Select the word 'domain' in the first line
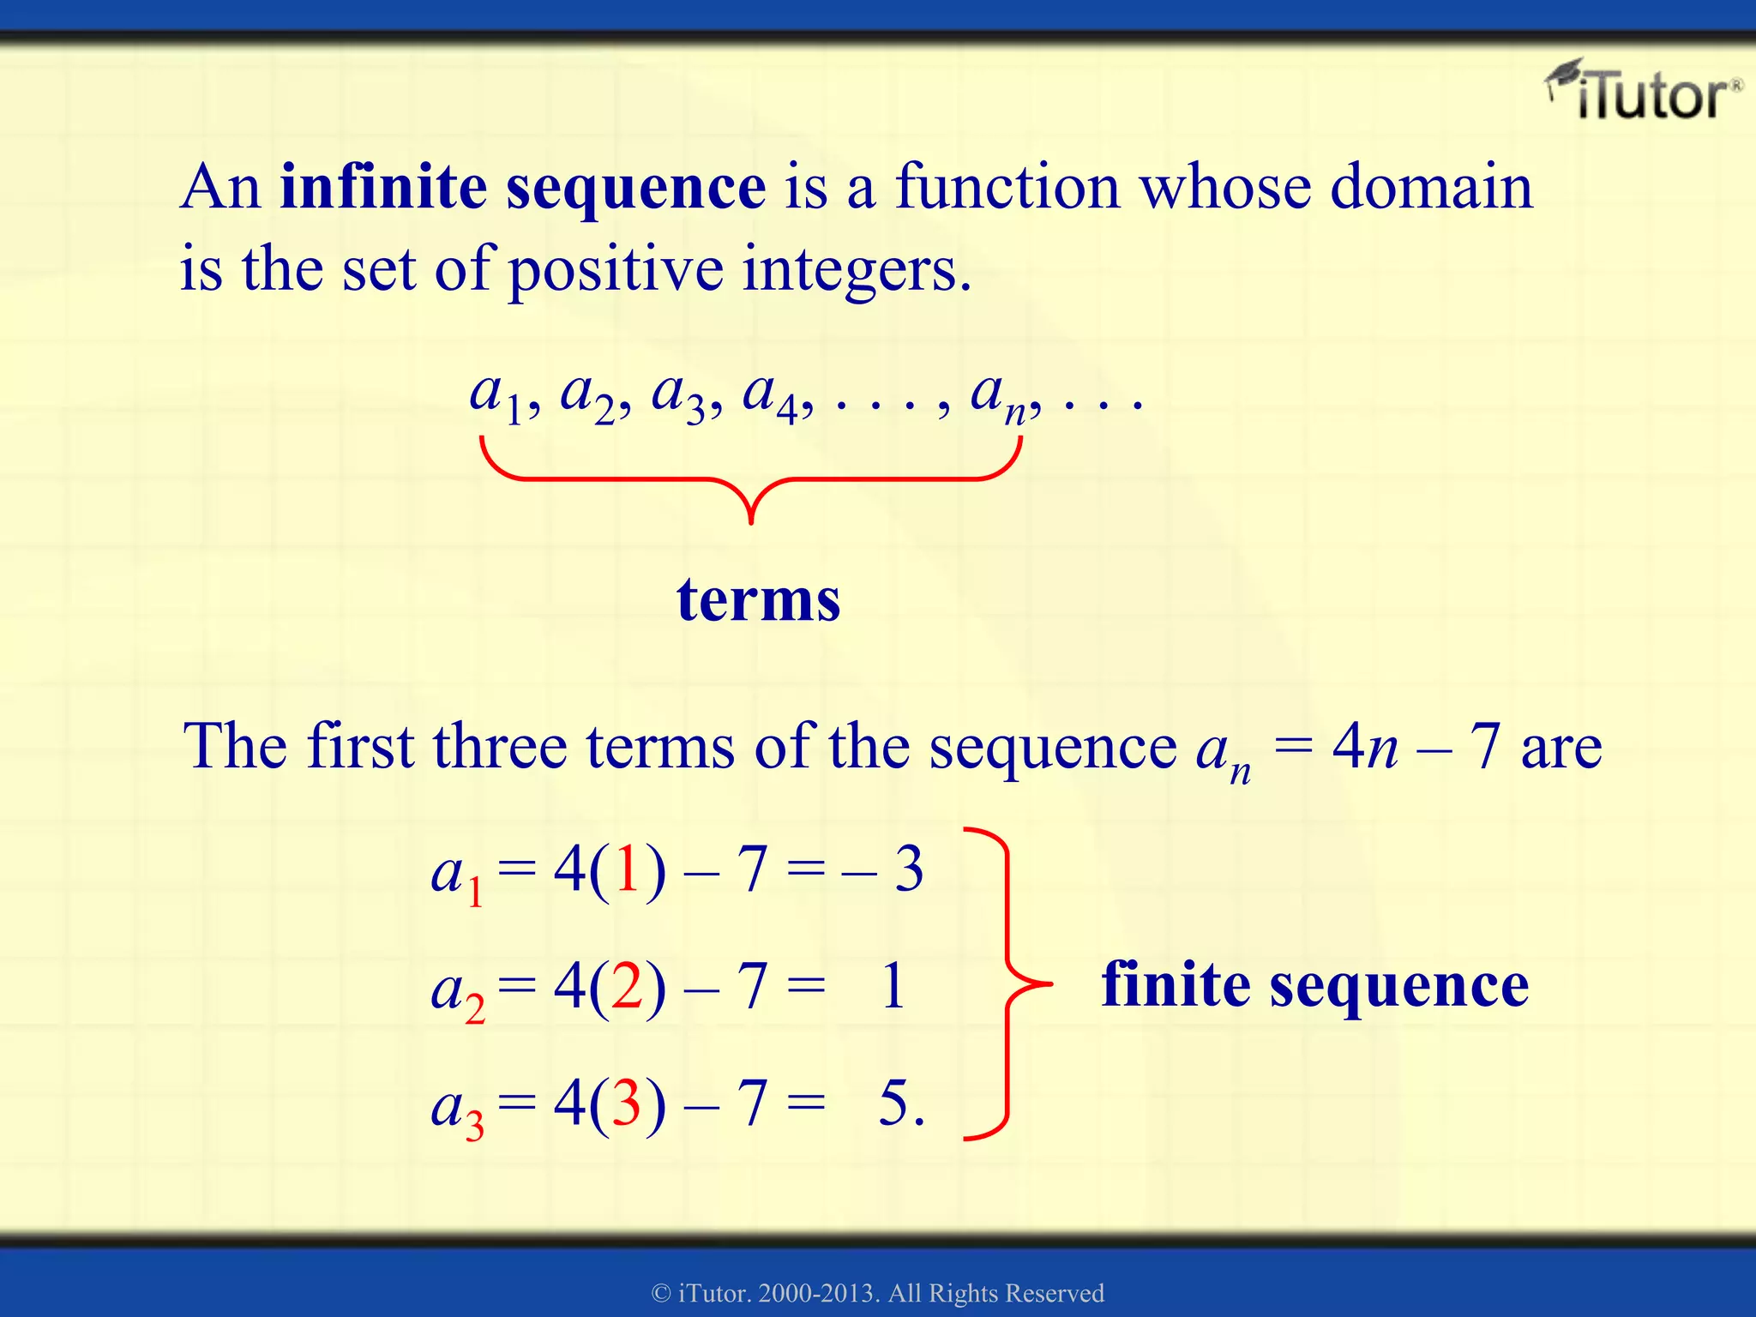[1430, 187]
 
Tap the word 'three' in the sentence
[500, 746]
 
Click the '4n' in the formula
[1365, 746]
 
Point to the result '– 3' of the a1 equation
[883, 869]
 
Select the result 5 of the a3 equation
[895, 1103]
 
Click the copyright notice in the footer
[878, 1293]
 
